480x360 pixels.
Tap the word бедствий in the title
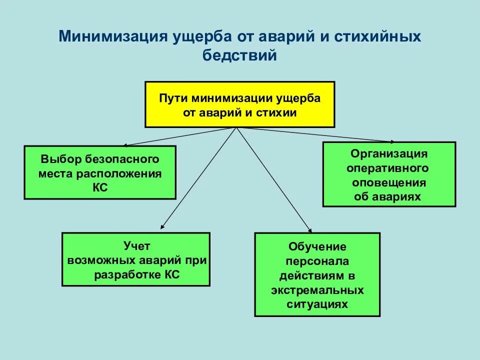tap(240, 55)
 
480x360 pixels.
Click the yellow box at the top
tap(240, 104)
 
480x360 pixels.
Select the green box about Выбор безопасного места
tap(100, 172)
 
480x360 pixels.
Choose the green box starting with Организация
tap(389, 174)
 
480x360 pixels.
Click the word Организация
tap(388, 153)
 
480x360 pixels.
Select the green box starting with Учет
tap(136, 259)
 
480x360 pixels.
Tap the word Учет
tap(136, 245)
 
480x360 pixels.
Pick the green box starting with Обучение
tap(317, 274)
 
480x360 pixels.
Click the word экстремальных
tap(317, 290)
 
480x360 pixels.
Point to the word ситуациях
tap(317, 304)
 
